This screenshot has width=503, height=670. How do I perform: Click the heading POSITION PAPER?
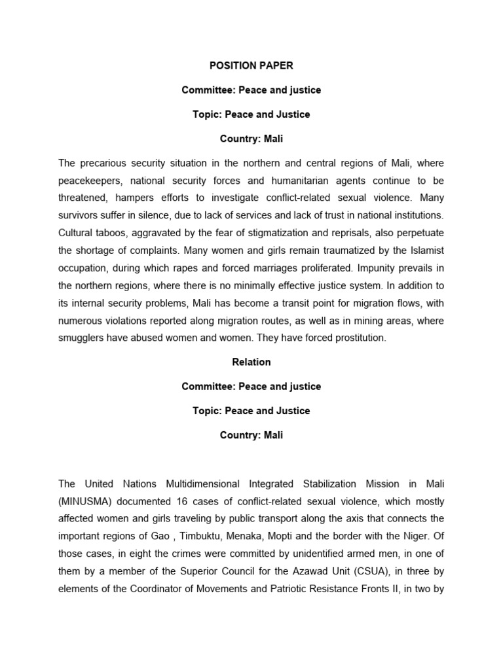tap(251, 65)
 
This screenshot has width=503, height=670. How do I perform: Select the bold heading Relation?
tap(251, 362)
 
